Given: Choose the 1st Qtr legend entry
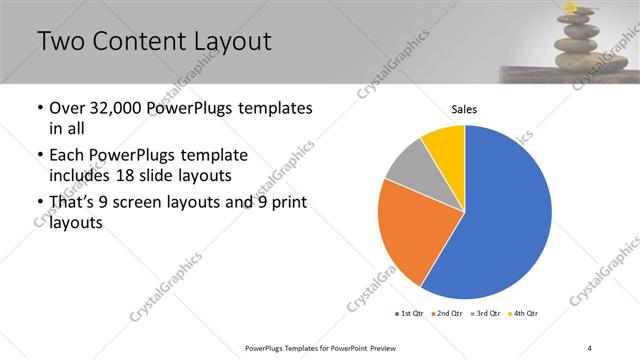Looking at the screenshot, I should [x=411, y=313].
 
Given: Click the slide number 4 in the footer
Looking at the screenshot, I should [x=589, y=347].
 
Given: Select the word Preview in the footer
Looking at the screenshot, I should [x=383, y=347].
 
